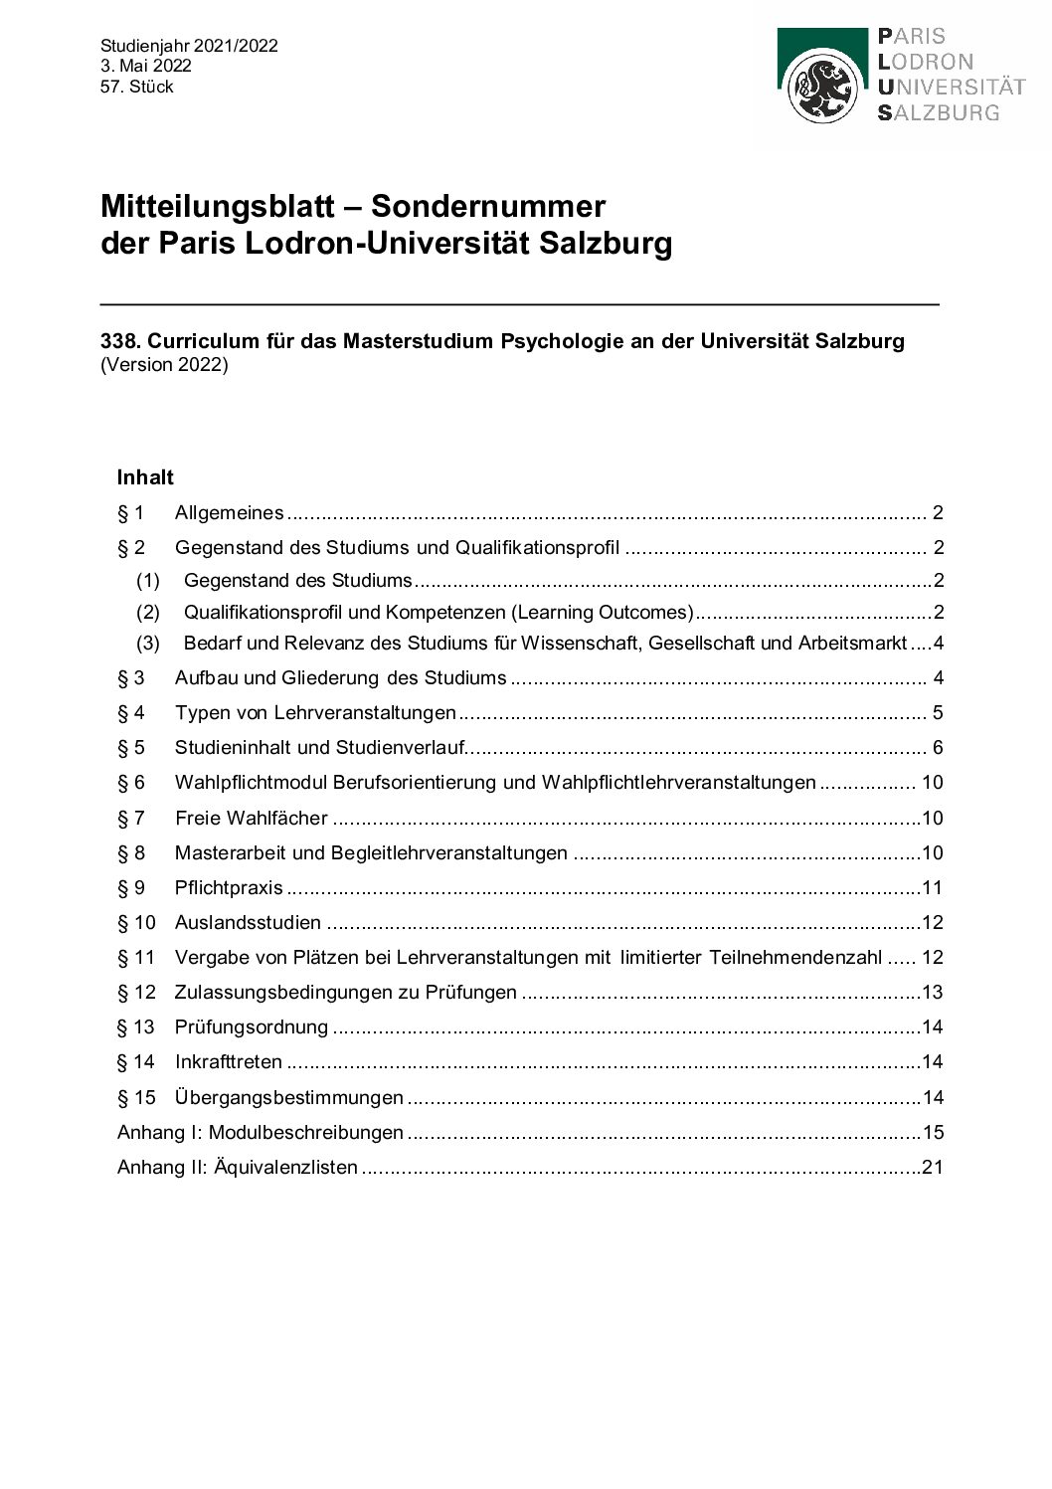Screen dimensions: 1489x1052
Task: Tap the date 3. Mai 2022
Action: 145,66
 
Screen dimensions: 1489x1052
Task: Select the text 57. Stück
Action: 136,87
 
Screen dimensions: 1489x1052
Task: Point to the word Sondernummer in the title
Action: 488,206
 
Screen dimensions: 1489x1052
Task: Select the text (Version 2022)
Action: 164,364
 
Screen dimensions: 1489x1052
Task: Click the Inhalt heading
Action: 145,477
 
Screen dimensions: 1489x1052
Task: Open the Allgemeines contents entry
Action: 229,513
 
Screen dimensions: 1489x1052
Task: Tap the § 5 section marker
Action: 131,748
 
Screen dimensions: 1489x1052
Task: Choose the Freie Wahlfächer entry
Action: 251,818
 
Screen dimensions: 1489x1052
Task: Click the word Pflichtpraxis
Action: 229,888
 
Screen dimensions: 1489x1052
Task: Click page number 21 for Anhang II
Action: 932,1167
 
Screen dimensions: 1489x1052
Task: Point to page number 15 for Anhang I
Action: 933,1132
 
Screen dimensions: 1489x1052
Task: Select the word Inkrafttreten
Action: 229,1062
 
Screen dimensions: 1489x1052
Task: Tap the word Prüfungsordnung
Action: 251,1027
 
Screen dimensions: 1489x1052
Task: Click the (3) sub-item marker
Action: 148,644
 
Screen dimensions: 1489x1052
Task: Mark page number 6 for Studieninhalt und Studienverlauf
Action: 938,748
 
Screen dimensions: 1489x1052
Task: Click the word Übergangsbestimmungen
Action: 288,1098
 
